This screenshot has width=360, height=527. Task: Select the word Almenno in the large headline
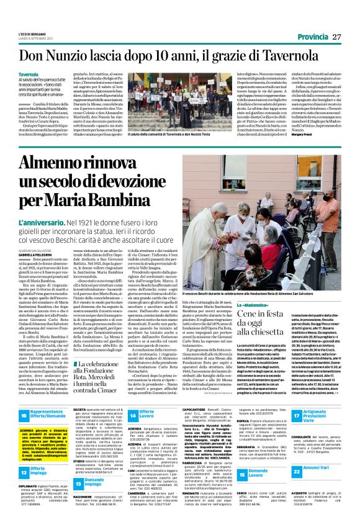[61, 164]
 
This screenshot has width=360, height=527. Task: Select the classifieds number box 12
[24, 456]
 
